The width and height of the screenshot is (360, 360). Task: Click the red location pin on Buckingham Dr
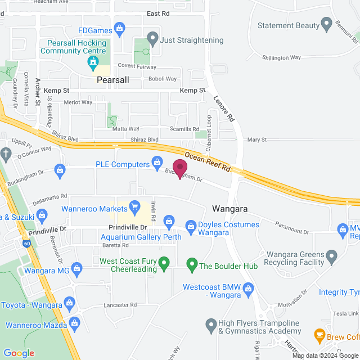coord(179,168)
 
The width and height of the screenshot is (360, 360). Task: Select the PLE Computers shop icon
coord(158,164)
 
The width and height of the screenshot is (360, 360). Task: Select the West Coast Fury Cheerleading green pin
coord(164,262)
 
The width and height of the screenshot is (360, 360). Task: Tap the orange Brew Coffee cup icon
coord(319,336)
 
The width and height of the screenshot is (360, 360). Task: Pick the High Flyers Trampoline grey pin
coord(211,325)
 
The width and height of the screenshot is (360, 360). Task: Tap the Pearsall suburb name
coord(113,80)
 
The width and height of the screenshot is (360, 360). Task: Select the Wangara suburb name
coord(231,209)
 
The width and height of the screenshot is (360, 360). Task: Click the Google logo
coord(19,353)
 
